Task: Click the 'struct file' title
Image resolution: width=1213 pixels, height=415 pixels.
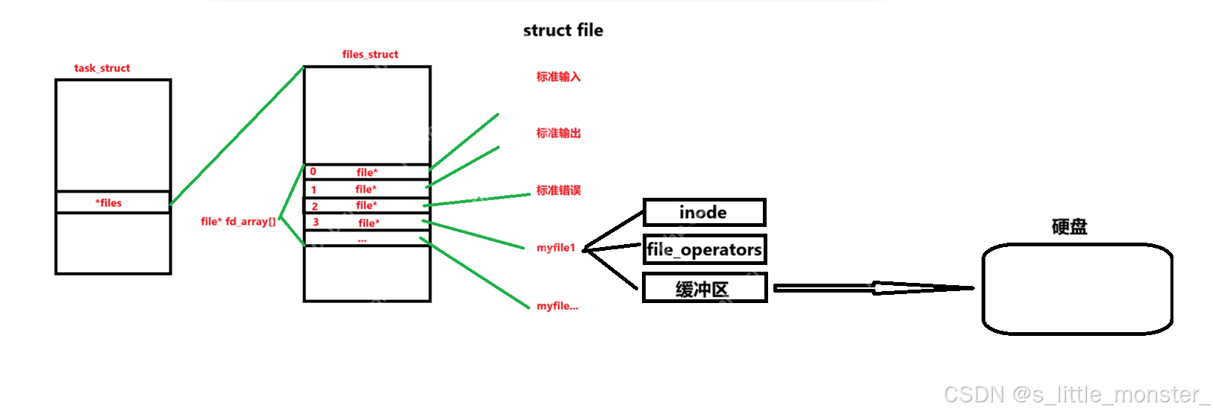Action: [x=563, y=31]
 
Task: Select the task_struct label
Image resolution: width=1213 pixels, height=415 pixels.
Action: [x=102, y=68]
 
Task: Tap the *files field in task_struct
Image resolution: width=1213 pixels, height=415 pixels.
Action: [x=109, y=203]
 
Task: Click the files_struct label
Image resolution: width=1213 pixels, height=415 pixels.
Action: [x=370, y=54]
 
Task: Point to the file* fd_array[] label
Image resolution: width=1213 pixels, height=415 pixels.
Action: [x=238, y=222]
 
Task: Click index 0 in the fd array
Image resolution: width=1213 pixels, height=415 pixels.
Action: [x=313, y=172]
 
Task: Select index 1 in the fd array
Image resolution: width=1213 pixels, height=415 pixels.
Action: [x=314, y=190]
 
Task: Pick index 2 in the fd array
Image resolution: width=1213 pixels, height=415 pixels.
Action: [x=314, y=206]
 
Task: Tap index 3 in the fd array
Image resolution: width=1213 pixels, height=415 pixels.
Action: [x=316, y=222]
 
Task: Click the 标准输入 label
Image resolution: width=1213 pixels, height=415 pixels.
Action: [x=558, y=77]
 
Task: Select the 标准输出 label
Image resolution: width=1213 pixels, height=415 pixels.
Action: [x=558, y=134]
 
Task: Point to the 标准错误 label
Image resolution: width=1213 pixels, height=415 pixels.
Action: [x=558, y=190]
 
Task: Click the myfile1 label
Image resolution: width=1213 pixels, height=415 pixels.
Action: [x=556, y=248]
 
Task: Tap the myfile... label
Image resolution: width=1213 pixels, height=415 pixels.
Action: [x=558, y=306]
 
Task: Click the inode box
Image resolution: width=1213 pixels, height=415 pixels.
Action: [x=704, y=213]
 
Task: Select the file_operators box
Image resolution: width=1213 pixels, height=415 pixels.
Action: [x=704, y=249]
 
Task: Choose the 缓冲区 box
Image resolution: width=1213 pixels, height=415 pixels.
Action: [x=704, y=289]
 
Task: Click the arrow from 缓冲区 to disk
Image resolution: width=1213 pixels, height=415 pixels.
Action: [x=873, y=288]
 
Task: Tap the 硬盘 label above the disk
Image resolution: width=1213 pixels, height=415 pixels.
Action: [x=1069, y=227]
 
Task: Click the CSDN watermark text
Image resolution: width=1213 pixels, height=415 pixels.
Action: [x=1075, y=394]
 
